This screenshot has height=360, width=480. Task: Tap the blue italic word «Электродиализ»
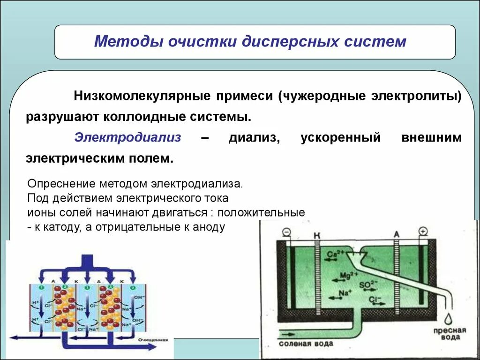pyautogui.click(x=127, y=138)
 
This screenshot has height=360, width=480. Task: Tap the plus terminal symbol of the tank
pyautogui.click(x=423, y=232)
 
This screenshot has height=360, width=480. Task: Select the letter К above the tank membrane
pyautogui.click(x=317, y=234)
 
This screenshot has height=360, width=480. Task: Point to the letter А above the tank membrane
pyautogui.click(x=397, y=234)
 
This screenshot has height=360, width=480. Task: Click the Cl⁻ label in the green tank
pyautogui.click(x=374, y=300)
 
